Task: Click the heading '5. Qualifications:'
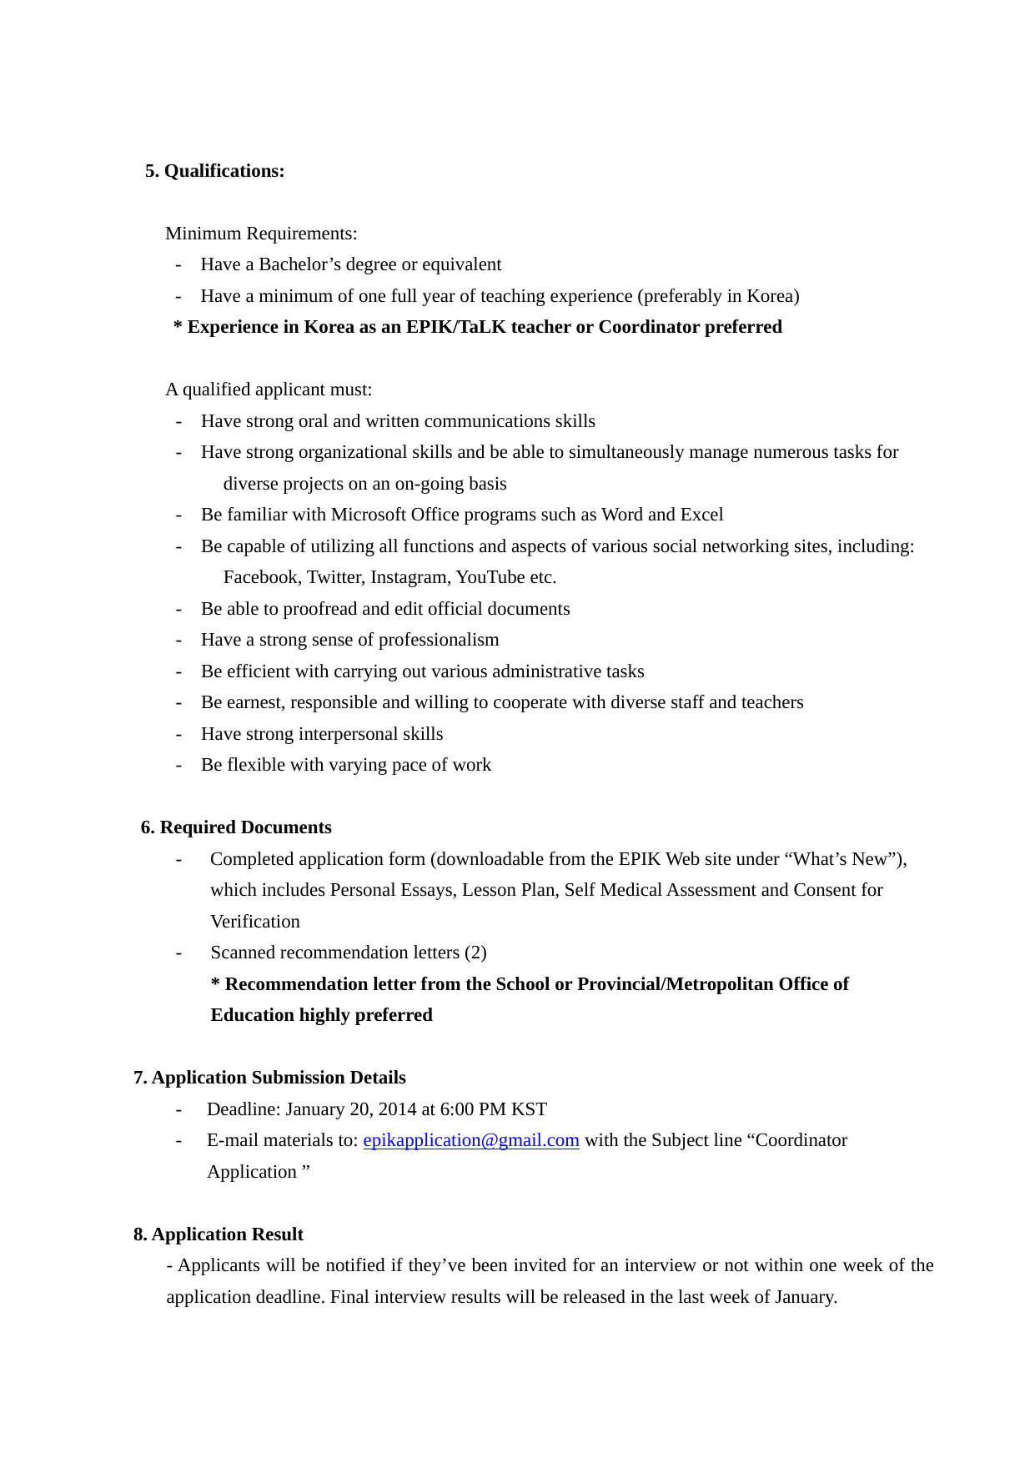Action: (214, 171)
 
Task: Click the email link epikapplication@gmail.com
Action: (470, 1140)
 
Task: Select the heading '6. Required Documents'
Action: (236, 827)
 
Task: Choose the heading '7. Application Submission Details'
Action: (269, 1078)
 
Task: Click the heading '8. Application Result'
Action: (219, 1234)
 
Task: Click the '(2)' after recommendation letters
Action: (475, 953)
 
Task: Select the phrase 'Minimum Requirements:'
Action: (261, 234)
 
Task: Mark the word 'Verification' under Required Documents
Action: (254, 922)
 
